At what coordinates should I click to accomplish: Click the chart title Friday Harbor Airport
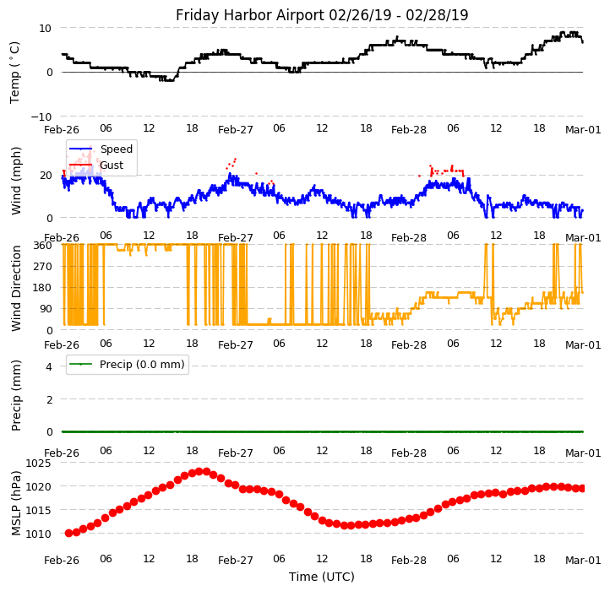click(x=322, y=15)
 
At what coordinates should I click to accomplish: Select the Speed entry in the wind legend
click(x=115, y=149)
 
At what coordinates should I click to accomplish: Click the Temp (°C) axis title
click(x=15, y=72)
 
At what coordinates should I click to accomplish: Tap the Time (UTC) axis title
click(x=322, y=577)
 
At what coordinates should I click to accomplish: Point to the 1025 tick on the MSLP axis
click(x=39, y=464)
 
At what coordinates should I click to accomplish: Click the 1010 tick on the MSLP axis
click(x=39, y=534)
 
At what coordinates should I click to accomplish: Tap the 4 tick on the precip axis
click(x=49, y=366)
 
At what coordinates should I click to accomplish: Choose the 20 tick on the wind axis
click(x=46, y=176)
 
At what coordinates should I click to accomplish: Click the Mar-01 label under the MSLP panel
click(x=583, y=560)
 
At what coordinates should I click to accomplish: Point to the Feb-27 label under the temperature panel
click(x=236, y=129)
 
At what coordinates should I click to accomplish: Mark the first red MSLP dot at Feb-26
click(x=68, y=533)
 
